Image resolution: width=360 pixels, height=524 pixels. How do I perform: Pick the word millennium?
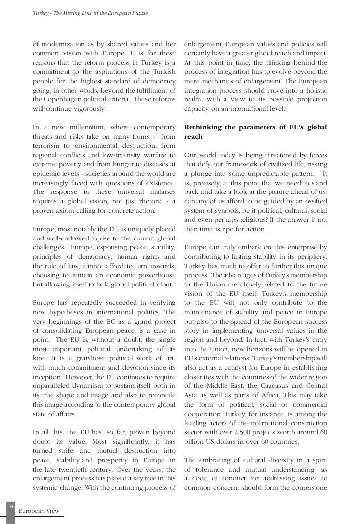(x=93, y=127)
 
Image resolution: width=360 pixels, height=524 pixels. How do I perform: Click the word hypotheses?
(x=64, y=312)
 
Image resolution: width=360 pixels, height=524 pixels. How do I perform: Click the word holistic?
(x=313, y=90)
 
